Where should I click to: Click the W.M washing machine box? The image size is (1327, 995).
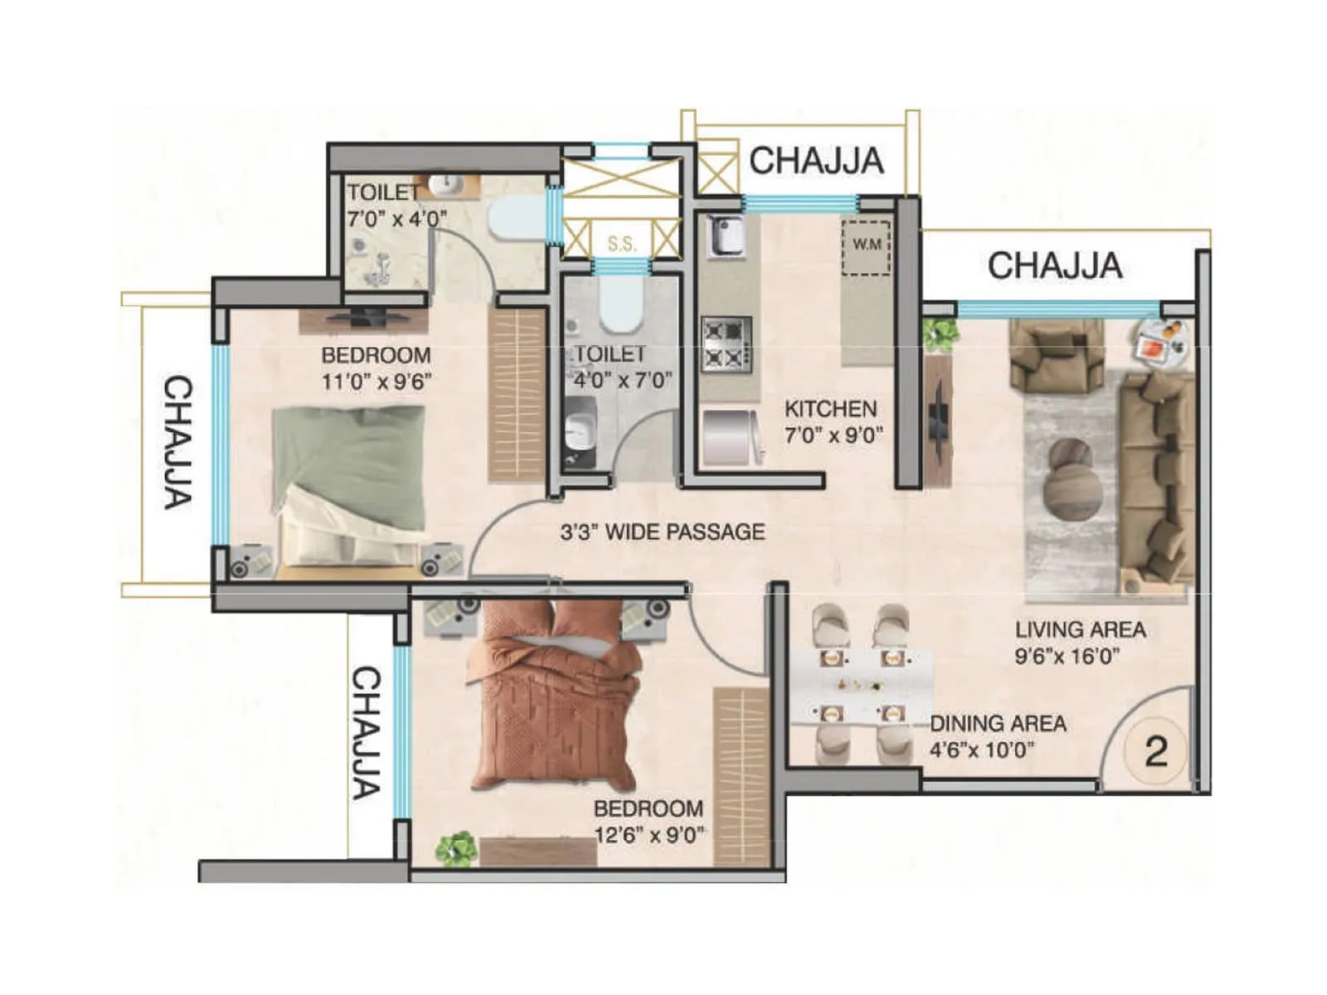pos(867,246)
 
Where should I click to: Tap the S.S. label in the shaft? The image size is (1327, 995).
pos(622,244)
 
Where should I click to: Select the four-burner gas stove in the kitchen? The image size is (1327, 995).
pos(727,344)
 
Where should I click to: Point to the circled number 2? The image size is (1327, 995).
pos(1155,752)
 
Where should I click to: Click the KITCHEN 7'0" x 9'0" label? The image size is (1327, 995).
pos(833,421)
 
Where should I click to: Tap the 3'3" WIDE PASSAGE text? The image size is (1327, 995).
pos(662,531)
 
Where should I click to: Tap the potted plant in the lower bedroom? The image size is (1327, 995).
pos(457,849)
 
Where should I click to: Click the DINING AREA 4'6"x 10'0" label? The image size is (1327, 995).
pos(997,736)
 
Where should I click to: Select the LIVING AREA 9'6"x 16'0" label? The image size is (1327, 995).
pos(1080,643)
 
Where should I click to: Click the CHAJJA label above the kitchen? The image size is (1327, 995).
pos(816,161)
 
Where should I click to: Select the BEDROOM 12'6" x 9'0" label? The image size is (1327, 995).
pos(648,821)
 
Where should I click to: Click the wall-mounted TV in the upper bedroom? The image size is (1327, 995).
pos(366,316)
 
